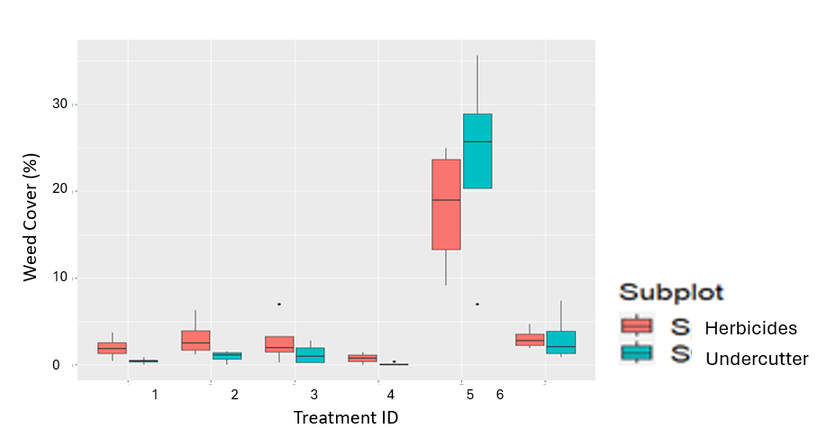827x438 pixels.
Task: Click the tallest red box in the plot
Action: pyautogui.click(x=446, y=205)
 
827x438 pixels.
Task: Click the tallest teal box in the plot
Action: pyautogui.click(x=477, y=151)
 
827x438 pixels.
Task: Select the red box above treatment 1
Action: pyautogui.click(x=113, y=348)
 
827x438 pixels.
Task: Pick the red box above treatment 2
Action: pyautogui.click(x=195, y=341)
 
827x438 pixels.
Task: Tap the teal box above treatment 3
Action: pyautogui.click(x=310, y=355)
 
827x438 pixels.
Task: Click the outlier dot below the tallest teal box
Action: pyautogui.click(x=477, y=305)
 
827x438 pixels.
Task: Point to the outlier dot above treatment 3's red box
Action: pyautogui.click(x=279, y=305)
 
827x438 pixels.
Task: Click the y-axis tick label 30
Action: pyautogui.click(x=59, y=105)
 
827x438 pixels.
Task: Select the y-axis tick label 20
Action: pyautogui.click(x=59, y=191)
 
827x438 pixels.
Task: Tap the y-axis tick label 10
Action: pyautogui.click(x=59, y=278)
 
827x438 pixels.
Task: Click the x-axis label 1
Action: pyautogui.click(x=155, y=395)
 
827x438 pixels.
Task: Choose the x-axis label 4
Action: pyautogui.click(x=391, y=395)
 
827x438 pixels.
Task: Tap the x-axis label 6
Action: pyautogui.click(x=499, y=395)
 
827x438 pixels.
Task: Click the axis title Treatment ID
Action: pyautogui.click(x=345, y=418)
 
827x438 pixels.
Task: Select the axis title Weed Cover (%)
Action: pyautogui.click(x=31, y=223)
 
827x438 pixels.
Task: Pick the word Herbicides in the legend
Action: pyautogui.click(x=750, y=328)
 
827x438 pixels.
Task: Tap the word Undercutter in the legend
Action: pyautogui.click(x=757, y=359)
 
